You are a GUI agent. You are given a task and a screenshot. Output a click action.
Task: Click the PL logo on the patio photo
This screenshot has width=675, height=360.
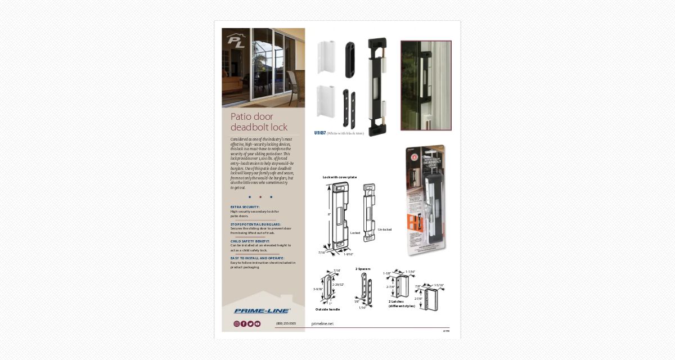point(236,42)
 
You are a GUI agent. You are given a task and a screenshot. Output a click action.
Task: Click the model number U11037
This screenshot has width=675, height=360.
point(320,133)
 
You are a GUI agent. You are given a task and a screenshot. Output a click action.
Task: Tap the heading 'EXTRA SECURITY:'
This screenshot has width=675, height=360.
point(245,207)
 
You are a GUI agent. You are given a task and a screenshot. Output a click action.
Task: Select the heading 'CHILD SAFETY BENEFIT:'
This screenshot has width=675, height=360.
point(250,241)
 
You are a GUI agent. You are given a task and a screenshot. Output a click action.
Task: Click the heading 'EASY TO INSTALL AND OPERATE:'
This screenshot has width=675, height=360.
point(257,258)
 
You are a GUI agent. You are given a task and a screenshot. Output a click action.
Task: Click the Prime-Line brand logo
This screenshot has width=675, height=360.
point(262,311)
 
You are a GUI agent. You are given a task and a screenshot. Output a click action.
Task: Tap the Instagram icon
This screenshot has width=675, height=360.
point(237,324)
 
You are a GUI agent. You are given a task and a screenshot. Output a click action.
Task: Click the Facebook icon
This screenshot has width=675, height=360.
point(244,324)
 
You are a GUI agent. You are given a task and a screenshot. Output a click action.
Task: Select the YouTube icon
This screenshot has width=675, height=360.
point(258,324)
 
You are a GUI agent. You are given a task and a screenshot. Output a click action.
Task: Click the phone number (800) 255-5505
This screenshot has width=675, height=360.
point(286,323)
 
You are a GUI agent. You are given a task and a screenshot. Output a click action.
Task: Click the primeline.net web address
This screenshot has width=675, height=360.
point(322,324)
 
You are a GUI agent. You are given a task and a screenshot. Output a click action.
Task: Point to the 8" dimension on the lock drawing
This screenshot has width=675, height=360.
point(329,214)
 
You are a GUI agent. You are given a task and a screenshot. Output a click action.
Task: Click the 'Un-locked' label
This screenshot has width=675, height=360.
point(385,229)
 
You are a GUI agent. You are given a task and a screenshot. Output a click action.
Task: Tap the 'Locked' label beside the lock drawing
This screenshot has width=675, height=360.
point(355,233)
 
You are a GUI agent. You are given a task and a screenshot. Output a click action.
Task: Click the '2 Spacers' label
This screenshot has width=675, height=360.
point(363,269)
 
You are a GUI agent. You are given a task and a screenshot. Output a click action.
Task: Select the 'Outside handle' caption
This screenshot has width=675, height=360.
point(327,309)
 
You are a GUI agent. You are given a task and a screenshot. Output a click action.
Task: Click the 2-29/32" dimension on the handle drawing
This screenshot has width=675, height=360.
point(337,285)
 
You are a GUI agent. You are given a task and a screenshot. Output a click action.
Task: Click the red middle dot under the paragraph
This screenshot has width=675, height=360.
point(260,197)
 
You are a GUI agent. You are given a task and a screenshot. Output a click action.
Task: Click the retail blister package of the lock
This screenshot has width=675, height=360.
point(426,200)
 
